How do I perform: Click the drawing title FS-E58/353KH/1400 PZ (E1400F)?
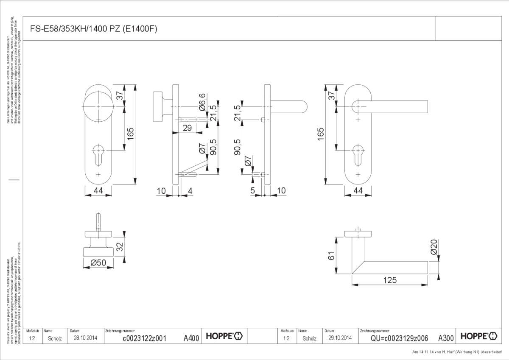click(95, 29)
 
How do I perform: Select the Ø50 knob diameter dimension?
click(98, 263)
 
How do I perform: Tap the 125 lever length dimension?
click(389, 280)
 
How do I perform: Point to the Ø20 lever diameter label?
click(433, 247)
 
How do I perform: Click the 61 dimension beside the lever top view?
click(331, 255)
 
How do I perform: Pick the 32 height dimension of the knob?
click(120, 246)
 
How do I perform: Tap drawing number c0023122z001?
click(144, 338)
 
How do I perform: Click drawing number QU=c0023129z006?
click(399, 338)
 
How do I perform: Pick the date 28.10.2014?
click(86, 338)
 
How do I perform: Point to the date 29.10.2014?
click(340, 338)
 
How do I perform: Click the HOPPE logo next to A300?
click(478, 337)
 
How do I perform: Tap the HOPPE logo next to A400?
click(224, 337)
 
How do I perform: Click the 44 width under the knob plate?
click(98, 191)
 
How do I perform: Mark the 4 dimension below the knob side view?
click(190, 191)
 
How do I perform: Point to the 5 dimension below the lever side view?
click(253, 191)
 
